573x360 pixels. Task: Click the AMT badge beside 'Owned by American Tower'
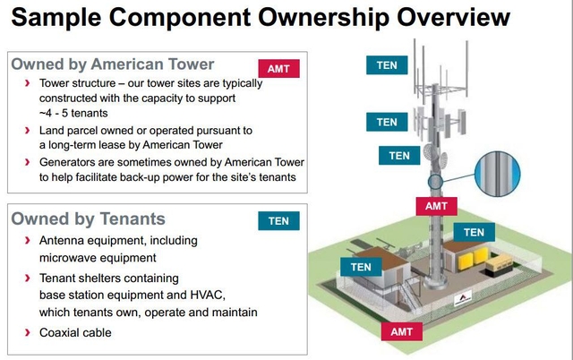[279, 68]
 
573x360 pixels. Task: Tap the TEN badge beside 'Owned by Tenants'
[278, 220]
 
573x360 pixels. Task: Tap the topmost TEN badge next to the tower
[387, 64]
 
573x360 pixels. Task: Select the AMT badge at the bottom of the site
[400, 331]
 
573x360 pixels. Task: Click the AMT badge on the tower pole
[436, 205]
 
